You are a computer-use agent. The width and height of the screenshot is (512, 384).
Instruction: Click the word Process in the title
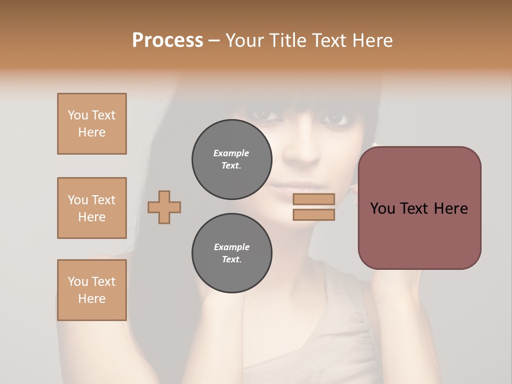tap(167, 40)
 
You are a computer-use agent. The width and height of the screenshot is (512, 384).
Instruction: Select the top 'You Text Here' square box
tap(92, 124)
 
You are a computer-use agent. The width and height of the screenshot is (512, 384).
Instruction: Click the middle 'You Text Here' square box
tap(92, 208)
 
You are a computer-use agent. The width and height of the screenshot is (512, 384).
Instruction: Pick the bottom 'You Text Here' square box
tap(92, 290)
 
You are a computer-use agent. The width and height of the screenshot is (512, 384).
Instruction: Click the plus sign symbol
tap(164, 207)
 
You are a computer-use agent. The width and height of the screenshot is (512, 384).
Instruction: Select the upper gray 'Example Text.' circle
tap(231, 159)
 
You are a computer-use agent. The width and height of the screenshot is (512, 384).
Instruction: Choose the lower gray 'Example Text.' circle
tap(231, 253)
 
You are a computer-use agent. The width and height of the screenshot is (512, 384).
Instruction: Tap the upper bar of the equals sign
tap(314, 199)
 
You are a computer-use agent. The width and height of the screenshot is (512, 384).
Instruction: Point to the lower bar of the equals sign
tap(314, 215)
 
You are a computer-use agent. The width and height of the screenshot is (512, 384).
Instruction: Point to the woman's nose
tap(302, 149)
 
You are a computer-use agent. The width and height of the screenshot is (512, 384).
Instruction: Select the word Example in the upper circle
tap(231, 153)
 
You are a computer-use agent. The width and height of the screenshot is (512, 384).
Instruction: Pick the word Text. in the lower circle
tap(231, 260)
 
